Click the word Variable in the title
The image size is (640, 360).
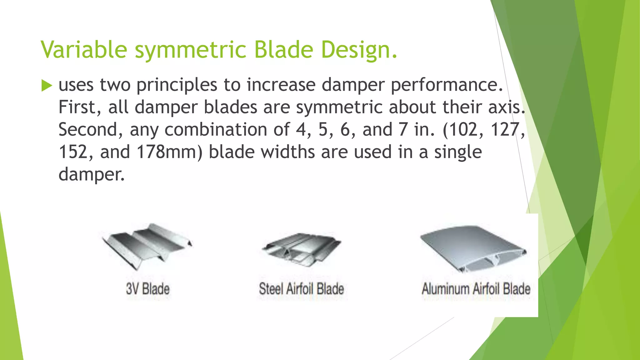coord(84,49)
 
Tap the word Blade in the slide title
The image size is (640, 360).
coord(283,49)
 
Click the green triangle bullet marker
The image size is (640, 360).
coord(47,85)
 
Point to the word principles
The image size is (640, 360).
coord(177,85)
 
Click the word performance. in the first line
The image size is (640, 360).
coord(447,85)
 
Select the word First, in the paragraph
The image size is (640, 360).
coord(80,107)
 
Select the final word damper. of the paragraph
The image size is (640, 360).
coord(91,174)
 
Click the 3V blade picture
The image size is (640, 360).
coord(147,245)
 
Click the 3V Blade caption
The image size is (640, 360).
coord(148,288)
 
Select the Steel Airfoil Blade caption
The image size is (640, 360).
coord(301,288)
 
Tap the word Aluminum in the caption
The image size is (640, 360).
coord(445,288)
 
